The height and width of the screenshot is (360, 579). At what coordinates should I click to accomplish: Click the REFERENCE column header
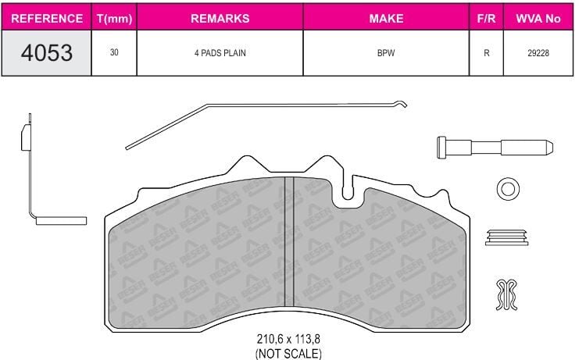[47, 19]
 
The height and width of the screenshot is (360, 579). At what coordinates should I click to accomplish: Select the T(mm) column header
[114, 19]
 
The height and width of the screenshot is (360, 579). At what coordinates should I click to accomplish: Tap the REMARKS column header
[220, 19]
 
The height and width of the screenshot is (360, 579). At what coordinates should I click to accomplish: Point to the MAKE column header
[386, 19]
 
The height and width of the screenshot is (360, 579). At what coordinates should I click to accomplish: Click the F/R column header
[486, 19]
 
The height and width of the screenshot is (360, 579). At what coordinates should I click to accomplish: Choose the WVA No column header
[538, 19]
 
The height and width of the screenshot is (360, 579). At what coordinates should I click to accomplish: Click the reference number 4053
[47, 53]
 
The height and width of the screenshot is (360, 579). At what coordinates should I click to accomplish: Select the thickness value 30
[114, 52]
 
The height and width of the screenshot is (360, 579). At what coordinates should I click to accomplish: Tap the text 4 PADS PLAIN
[220, 53]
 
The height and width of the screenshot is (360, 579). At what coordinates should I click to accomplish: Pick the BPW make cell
[386, 53]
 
